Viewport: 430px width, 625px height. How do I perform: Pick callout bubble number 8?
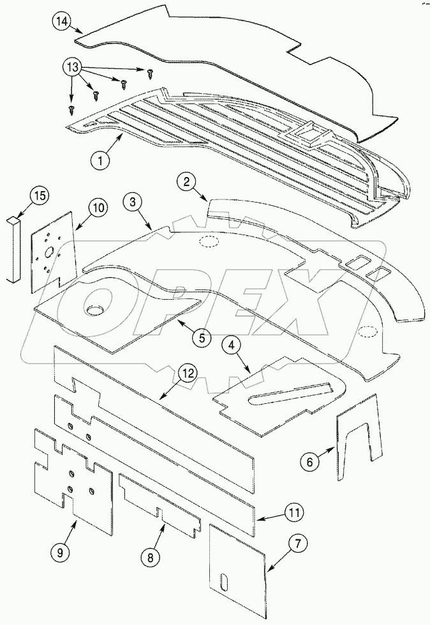click(x=151, y=557)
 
